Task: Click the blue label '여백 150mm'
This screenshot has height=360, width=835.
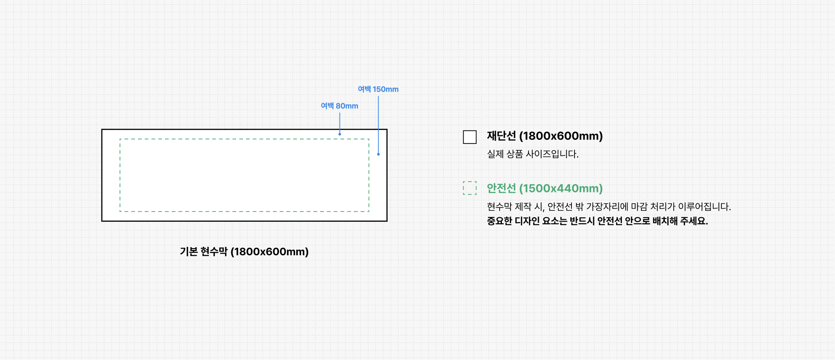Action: click(378, 89)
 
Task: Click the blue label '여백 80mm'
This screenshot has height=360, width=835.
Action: click(339, 106)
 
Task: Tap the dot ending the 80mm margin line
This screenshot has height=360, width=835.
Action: click(339, 134)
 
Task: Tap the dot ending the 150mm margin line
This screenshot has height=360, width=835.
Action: click(378, 154)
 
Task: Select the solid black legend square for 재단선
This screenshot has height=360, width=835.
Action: click(470, 137)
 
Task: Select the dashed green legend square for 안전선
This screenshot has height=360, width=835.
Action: click(470, 188)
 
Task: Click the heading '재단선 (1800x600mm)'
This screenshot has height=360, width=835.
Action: click(544, 136)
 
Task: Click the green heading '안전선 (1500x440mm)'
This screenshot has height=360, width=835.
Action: click(544, 188)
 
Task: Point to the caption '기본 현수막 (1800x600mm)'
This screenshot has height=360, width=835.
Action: click(244, 251)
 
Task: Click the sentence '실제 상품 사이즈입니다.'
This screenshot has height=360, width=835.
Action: click(532, 154)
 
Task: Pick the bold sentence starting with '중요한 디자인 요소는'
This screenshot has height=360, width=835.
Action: click(597, 221)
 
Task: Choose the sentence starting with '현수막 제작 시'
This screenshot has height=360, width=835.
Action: click(608, 207)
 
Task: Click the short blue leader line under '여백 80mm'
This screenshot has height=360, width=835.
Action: click(339, 122)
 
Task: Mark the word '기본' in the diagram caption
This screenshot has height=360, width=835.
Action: click(188, 251)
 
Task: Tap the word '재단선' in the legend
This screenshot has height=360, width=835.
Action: click(501, 136)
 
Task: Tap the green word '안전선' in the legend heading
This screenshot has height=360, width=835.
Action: click(501, 188)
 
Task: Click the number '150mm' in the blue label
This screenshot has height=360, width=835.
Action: click(385, 89)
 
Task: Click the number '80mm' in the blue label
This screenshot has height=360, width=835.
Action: click(347, 106)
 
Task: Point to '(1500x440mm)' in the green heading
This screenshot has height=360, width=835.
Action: click(561, 188)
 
